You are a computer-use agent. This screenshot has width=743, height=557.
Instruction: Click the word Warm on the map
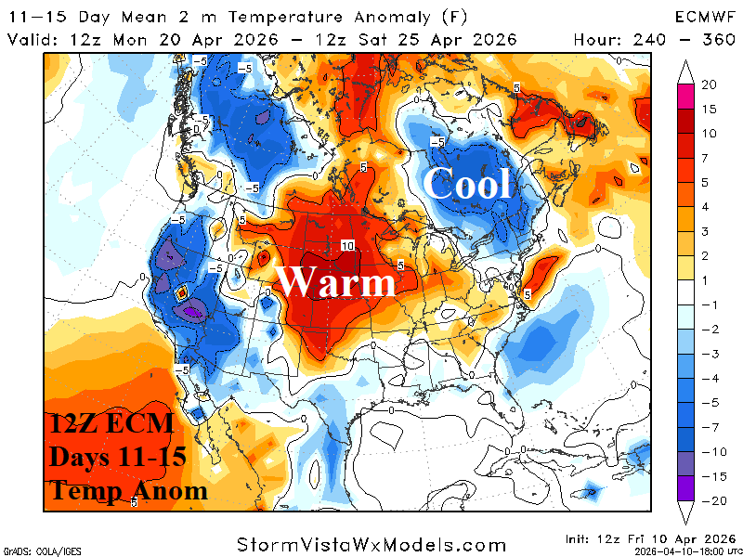point(336,280)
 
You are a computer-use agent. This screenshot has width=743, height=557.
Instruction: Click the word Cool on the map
point(467,184)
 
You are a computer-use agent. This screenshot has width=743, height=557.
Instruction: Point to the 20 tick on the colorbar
point(710,84)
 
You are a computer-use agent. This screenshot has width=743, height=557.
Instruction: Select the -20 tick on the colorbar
point(709,499)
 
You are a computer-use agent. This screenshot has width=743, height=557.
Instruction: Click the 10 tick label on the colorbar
point(709,133)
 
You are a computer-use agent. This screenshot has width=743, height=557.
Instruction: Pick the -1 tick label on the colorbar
point(708,306)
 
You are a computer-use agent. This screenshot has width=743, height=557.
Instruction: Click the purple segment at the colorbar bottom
point(686,487)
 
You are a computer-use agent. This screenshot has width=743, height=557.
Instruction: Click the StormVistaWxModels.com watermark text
point(371,544)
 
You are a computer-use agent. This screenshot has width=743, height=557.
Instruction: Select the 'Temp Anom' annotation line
point(128,491)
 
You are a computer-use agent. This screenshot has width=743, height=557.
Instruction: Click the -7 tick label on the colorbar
point(708,427)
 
